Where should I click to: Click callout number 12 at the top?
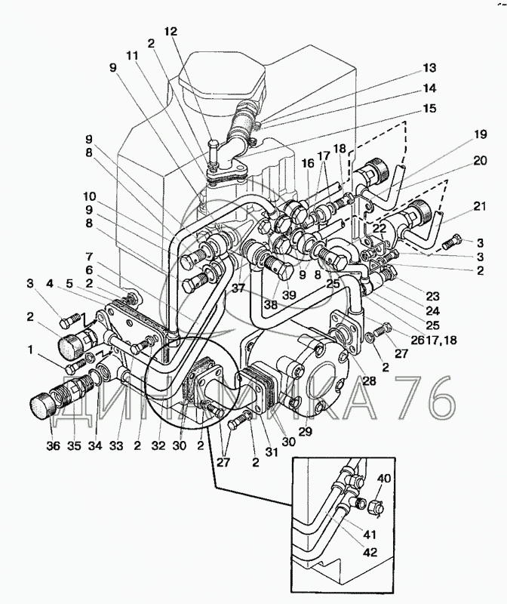(x=171, y=32)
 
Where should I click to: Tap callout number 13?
(x=429, y=68)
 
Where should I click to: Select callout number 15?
(x=429, y=108)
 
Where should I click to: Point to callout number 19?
(x=480, y=134)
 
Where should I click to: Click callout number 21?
(x=480, y=206)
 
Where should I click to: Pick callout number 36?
(x=54, y=445)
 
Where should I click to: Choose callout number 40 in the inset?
(x=383, y=479)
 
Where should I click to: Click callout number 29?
(x=306, y=431)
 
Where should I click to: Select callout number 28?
(x=369, y=381)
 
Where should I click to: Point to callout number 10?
(x=89, y=196)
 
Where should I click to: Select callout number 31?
(x=272, y=451)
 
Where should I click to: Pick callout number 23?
(x=433, y=297)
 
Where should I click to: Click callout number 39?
(x=289, y=294)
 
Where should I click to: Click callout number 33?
(x=116, y=445)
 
